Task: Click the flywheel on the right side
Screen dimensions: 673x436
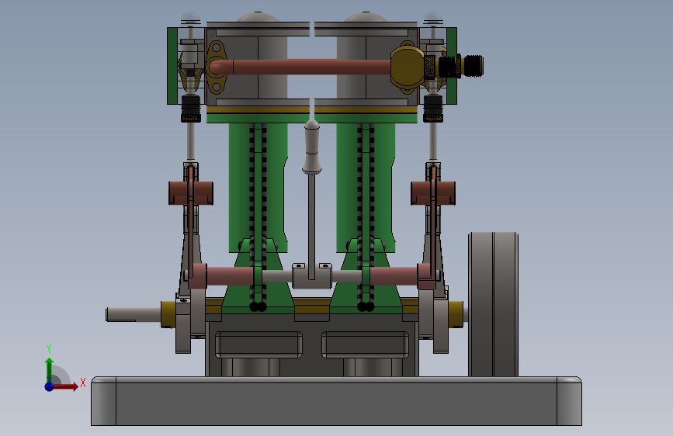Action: [493, 304]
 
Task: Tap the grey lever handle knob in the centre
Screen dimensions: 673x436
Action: [312, 147]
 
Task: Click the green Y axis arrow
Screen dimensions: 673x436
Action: [49, 369]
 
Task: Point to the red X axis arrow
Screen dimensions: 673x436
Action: [65, 386]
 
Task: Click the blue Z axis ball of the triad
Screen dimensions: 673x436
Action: [50, 386]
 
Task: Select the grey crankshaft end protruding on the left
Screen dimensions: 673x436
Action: [134, 314]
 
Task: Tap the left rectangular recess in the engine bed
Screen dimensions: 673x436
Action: [258, 344]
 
